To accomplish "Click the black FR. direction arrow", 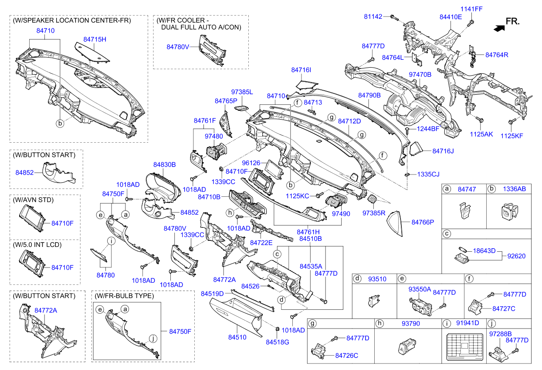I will coord(497,27).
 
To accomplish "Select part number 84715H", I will coord(95,40).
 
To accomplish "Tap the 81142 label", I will coord(373,17).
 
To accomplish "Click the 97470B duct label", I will coord(420,75).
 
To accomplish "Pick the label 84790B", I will coord(369,95).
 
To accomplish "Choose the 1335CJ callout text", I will coord(428,174).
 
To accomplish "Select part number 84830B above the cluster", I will coord(164,165).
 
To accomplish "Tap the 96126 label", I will coord(251,163).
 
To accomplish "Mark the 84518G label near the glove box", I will coord(278,342).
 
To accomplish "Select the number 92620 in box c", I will coord(516,256).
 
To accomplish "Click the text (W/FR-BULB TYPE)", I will coord(124,296).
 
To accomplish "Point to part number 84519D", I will coord(212,294).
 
